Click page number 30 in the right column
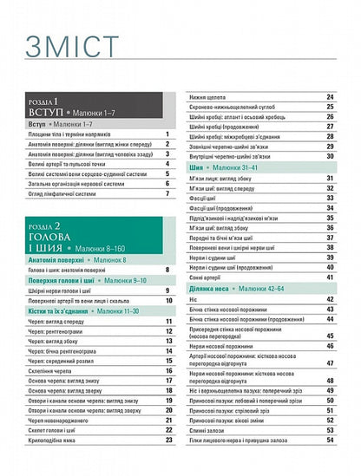[x=330, y=156]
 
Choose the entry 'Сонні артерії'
[x=209, y=277]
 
